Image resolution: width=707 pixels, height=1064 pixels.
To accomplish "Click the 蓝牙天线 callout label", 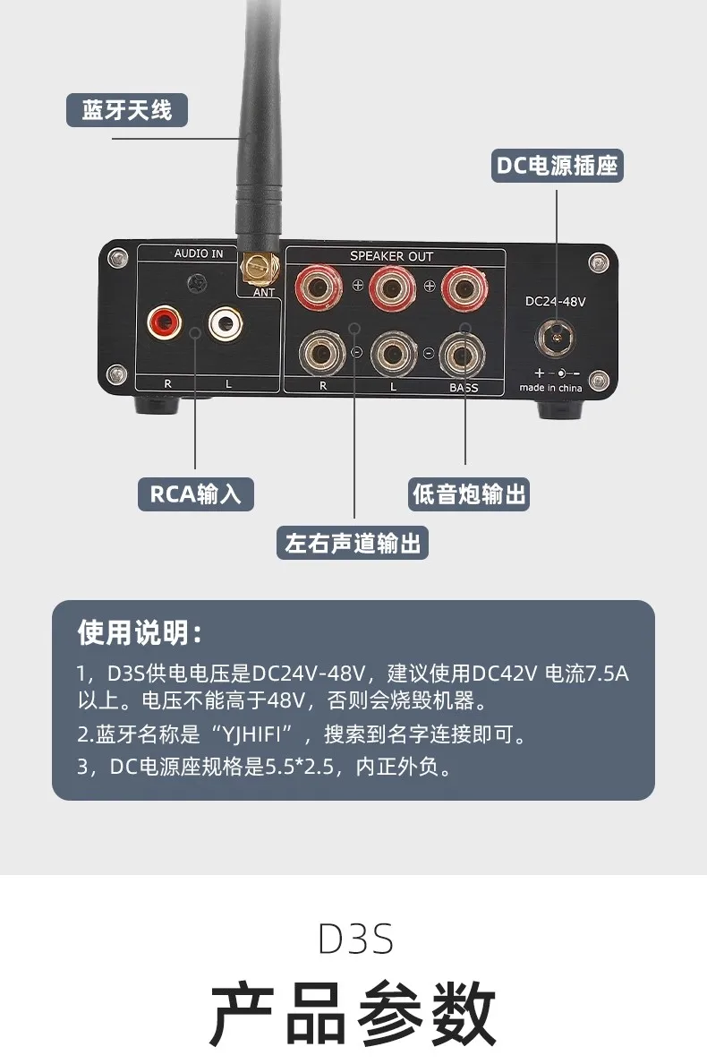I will (127, 110).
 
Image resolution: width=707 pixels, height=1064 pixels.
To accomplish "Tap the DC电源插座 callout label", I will (558, 166).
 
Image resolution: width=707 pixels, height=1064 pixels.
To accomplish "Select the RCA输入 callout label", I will (196, 493).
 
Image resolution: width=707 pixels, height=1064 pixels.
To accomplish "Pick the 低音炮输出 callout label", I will (470, 493).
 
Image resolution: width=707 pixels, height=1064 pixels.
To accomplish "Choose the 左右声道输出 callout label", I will (353, 543).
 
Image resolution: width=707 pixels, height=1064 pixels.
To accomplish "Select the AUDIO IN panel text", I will (199, 254).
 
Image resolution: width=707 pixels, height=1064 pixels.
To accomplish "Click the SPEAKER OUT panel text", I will (391, 257).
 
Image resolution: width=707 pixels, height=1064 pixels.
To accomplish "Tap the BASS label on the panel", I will (464, 388).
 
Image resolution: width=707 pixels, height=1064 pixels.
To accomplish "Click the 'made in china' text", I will (551, 388).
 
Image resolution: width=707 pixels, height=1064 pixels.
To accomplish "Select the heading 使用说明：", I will (141, 633).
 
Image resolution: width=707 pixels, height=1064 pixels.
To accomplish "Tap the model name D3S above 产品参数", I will (354, 940).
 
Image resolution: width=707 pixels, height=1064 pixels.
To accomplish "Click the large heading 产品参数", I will (353, 1013).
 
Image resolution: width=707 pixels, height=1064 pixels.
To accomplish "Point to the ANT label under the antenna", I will (264, 292).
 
